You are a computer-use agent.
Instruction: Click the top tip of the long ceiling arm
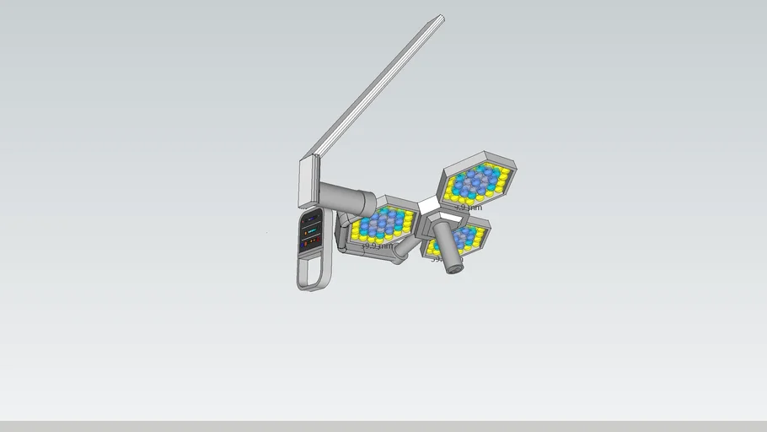[x=441, y=18]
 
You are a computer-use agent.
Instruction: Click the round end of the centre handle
[x=455, y=269]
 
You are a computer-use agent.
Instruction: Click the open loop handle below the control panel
[x=313, y=272]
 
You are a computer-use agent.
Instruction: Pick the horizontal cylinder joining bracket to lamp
[x=347, y=198]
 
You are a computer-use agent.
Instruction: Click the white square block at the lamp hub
[x=430, y=205]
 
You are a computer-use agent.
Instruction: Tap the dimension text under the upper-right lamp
[x=469, y=207]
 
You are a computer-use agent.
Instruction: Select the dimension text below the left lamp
[x=377, y=246]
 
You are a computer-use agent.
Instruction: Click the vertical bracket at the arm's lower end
[x=307, y=181]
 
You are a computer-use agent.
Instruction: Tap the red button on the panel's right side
[x=319, y=240]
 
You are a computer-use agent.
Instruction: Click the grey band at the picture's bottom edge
[x=383, y=426]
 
